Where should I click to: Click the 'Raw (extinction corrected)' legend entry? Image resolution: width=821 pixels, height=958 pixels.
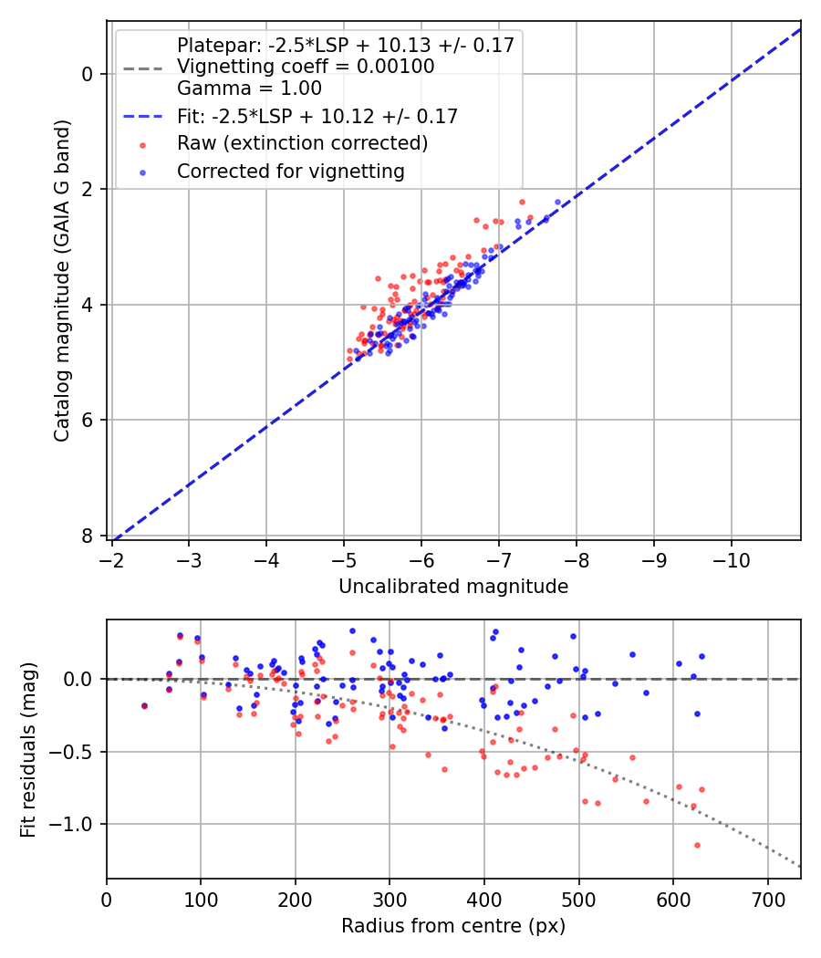(302, 143)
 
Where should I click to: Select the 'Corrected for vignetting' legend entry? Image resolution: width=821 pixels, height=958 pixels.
(290, 171)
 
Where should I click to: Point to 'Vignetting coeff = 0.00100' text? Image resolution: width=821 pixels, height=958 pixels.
(306, 67)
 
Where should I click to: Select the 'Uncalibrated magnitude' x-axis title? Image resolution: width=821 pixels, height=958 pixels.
(453, 587)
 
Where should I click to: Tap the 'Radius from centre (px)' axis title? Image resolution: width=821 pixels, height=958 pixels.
(453, 926)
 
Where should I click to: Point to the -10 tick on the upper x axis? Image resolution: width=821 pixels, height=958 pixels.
(732, 556)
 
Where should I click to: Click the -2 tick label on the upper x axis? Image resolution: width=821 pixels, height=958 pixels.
(112, 556)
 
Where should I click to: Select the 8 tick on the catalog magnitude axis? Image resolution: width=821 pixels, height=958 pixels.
(89, 536)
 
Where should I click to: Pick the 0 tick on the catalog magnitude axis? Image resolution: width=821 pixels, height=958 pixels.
(89, 74)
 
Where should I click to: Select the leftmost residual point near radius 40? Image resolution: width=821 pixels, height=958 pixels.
(144, 705)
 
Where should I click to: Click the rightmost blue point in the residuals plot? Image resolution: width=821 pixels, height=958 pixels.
(701, 656)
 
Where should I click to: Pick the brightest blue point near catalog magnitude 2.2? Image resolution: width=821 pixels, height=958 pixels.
(557, 202)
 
